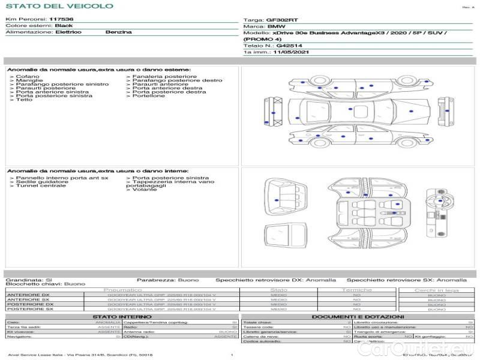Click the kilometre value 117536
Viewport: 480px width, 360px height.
point(61,19)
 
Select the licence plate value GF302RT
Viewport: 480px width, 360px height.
point(282,20)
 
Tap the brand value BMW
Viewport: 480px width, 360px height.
point(276,27)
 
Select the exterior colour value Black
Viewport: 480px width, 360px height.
point(64,26)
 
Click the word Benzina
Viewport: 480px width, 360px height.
point(118,32)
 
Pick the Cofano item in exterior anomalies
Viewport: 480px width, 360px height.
point(28,77)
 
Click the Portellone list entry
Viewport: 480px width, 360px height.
point(148,96)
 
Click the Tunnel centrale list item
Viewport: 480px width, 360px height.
point(40,186)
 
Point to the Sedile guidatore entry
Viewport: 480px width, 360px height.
point(41,182)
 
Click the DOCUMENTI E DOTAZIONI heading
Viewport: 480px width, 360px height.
point(358,317)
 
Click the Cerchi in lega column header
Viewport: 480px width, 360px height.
point(436,290)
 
